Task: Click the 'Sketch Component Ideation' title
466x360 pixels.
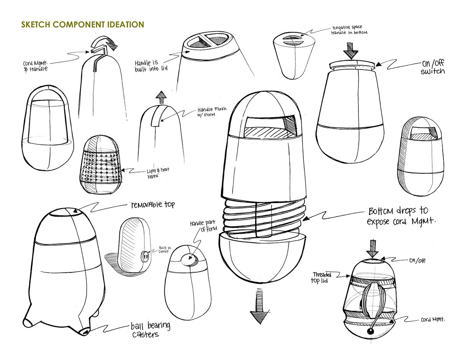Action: (83, 24)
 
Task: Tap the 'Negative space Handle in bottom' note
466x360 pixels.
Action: (349, 30)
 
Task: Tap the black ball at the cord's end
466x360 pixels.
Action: (370, 332)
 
